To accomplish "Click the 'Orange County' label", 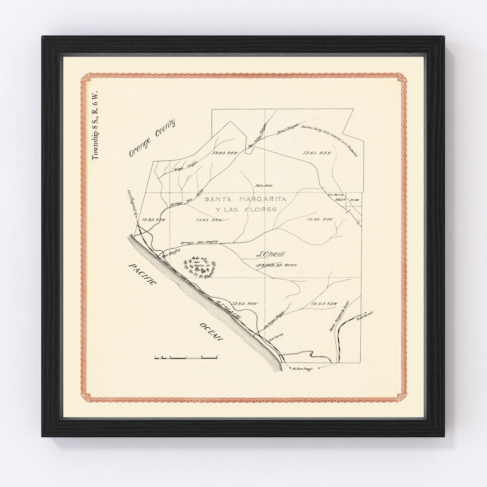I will [152, 138].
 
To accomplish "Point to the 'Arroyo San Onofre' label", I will [199, 243].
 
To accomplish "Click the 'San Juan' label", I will [264, 185].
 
